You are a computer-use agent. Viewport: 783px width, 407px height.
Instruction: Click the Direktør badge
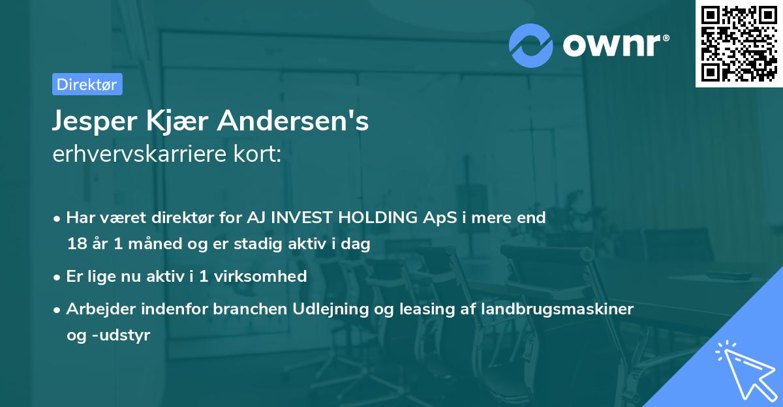87,84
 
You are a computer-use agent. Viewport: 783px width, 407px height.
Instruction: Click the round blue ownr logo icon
530,46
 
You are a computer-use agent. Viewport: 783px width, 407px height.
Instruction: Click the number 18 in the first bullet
76,245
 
